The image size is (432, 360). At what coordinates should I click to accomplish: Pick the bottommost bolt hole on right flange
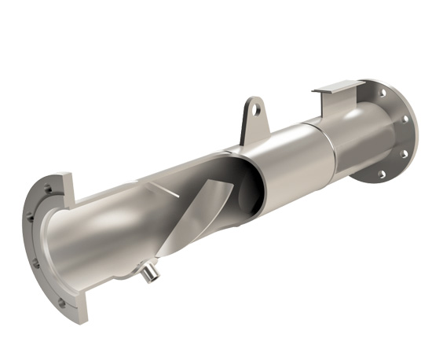[382, 174]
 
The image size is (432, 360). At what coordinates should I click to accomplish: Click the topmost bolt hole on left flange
[46, 188]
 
